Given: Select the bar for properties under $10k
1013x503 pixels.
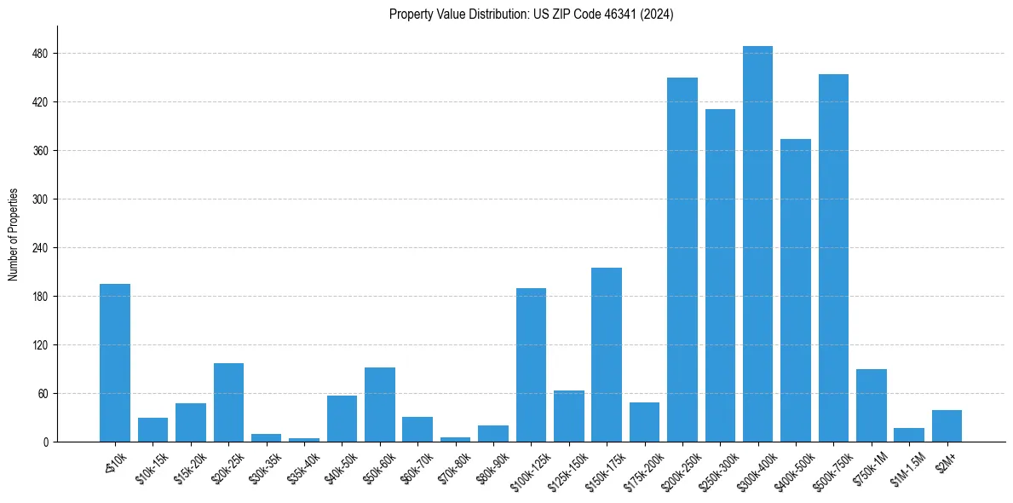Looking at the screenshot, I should pos(115,363).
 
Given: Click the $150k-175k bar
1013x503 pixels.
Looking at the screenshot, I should pos(607,355).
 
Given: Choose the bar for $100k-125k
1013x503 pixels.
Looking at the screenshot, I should pos(531,365).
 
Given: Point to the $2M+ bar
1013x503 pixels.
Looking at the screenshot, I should pos(947,426).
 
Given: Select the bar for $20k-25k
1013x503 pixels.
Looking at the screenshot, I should pos(228,402).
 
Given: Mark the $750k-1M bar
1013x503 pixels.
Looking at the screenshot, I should pos(871,406).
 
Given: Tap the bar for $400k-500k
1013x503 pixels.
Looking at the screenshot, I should pos(796,291).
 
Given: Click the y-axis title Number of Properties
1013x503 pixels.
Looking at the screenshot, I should pos(14,234).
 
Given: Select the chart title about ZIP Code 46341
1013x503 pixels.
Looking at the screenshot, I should pos(531,14).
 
